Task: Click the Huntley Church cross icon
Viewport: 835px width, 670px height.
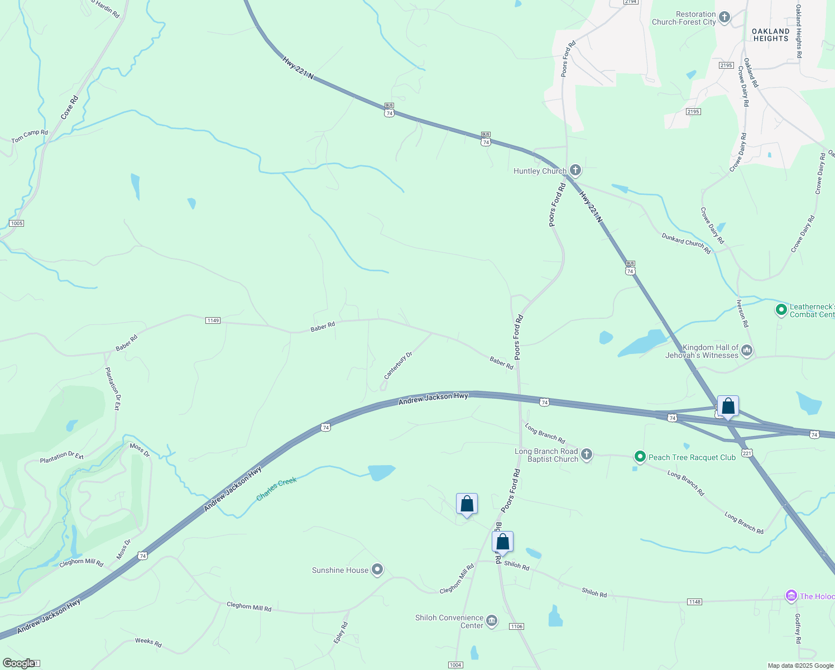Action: click(x=575, y=170)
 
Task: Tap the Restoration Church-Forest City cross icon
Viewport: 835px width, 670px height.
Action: click(x=724, y=17)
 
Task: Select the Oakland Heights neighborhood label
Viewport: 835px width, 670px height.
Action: click(x=771, y=35)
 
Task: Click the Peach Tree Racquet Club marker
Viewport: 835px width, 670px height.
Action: click(x=640, y=457)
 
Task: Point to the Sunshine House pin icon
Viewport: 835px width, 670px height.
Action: click(x=377, y=569)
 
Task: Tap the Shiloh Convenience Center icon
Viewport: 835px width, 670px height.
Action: click(x=492, y=621)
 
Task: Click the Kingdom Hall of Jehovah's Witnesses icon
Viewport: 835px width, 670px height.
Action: click(x=747, y=351)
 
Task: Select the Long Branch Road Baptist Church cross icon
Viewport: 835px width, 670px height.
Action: click(x=586, y=454)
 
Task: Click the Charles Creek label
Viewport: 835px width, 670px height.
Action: click(x=276, y=489)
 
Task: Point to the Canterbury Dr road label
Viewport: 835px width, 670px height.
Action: click(x=398, y=366)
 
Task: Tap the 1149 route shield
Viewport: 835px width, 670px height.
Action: click(x=213, y=320)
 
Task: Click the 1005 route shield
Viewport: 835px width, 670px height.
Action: click(x=16, y=223)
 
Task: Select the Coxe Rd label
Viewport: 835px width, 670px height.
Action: click(x=70, y=107)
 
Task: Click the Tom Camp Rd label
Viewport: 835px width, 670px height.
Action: click(x=30, y=136)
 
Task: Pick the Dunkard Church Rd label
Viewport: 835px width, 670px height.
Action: click(x=686, y=243)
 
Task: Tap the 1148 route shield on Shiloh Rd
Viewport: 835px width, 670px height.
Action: click(x=694, y=602)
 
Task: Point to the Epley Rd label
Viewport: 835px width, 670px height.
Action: click(x=341, y=632)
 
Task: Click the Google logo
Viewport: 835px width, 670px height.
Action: click(x=19, y=663)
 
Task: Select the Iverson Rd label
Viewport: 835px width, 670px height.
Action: click(x=742, y=313)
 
